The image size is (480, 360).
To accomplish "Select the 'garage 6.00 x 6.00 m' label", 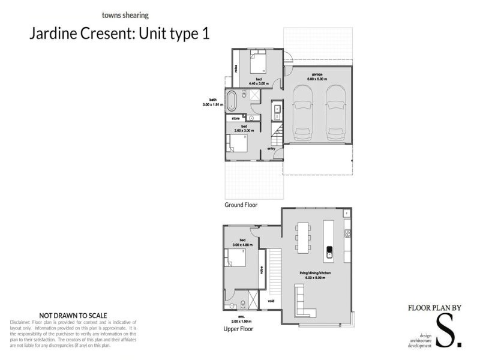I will tap(317, 77).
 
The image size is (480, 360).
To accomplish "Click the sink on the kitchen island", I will tap(329, 251).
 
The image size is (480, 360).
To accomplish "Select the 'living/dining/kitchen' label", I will tap(316, 274).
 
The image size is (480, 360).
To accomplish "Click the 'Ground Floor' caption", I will tap(241, 205).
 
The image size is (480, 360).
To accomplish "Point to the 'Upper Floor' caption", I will tap(238, 329).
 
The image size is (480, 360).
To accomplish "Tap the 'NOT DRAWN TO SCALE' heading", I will tap(73, 314).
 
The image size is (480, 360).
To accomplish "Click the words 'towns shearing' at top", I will tap(125, 15).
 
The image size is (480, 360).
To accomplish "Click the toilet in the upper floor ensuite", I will tap(241, 302).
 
